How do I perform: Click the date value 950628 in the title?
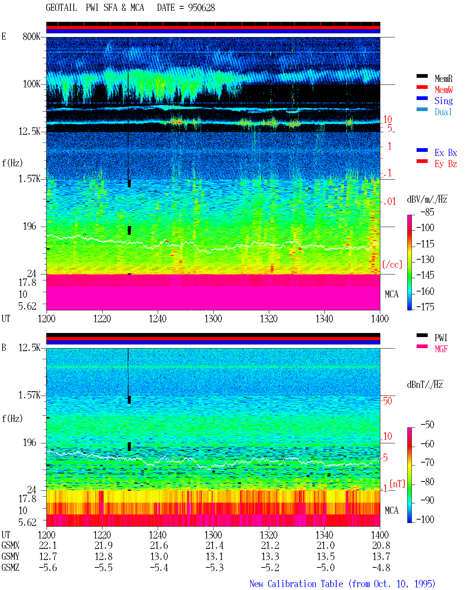tap(201, 8)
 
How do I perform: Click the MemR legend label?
tap(444, 79)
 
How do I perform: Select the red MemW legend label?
tap(444, 90)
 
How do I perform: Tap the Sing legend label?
tap(444, 101)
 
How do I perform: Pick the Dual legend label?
tap(443, 112)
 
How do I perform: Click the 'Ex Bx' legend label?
tap(446, 153)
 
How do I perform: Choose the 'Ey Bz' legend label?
tap(446, 164)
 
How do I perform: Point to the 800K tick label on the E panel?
tap(31, 36)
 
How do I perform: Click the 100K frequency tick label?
tap(31, 84)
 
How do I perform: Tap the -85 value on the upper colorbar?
tap(427, 212)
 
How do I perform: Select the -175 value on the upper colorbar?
tap(425, 307)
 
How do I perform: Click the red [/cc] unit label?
tap(392, 264)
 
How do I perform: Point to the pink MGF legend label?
tap(441, 349)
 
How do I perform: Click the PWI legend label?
tap(441, 338)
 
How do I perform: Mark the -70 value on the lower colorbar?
tap(427, 463)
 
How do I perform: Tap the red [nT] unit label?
tap(397, 484)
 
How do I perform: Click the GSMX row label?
tap(10, 545)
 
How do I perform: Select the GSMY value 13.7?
tap(381, 556)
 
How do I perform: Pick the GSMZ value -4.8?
tap(381, 567)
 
